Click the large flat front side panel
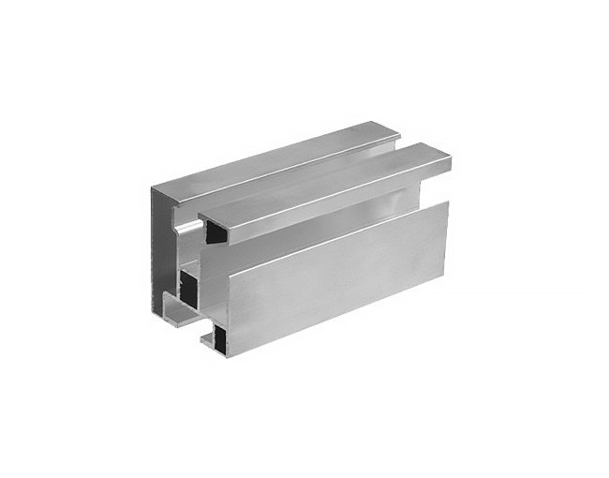tap(328, 281)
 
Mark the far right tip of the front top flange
tap(451, 162)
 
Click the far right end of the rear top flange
tap(398, 131)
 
